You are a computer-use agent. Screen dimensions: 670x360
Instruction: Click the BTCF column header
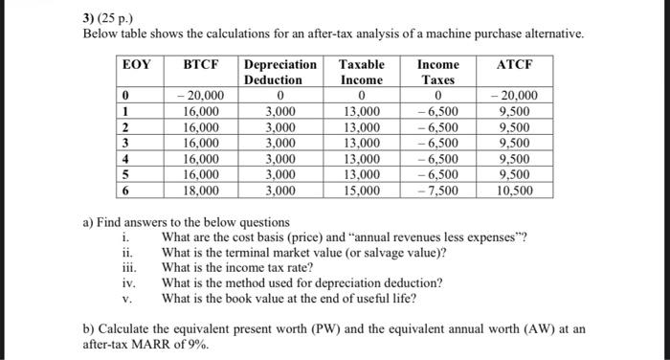[x=201, y=64]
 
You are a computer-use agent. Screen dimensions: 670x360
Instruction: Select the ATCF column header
[x=515, y=64]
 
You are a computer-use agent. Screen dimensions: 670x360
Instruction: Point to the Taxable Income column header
[x=362, y=72]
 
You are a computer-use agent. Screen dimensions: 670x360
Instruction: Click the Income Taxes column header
[x=437, y=72]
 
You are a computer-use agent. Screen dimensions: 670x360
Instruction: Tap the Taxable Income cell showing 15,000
[x=362, y=190]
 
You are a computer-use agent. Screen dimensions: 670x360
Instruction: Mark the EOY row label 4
[x=125, y=159]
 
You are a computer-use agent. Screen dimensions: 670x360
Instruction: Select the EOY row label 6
[x=125, y=190]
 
